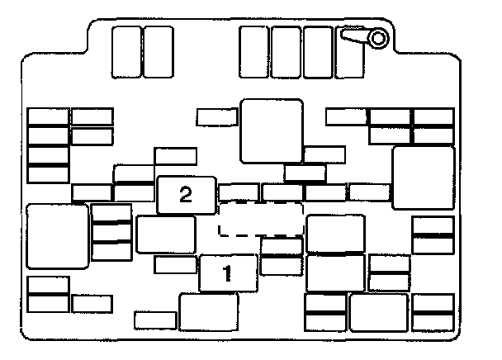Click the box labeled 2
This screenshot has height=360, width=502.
pos(186,195)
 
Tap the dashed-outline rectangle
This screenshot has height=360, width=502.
pos(261,218)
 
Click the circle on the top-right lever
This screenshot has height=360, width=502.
pos(378,37)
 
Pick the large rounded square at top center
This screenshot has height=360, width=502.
pos(272,130)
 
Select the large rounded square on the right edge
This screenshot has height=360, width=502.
pos(423,177)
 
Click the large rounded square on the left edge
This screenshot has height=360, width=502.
pos(57,236)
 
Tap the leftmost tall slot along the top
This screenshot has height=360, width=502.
pos(125,51)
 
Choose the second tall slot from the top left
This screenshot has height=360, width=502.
pos(157,51)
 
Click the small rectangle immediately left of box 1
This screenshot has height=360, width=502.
pos(175,264)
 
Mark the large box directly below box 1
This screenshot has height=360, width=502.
pos(208,311)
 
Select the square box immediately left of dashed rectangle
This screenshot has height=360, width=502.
pos(165,234)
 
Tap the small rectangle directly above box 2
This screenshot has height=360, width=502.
pos(175,156)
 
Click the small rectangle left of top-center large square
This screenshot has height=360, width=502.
pos(216,117)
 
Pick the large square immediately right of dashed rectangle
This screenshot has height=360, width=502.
pos(335,233)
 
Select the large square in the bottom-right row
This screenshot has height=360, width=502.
pos(378,311)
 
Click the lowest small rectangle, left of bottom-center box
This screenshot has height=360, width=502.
pos(155,319)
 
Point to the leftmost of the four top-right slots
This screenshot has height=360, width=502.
pos(253,51)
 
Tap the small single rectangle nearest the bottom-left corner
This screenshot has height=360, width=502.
pos(92,303)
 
